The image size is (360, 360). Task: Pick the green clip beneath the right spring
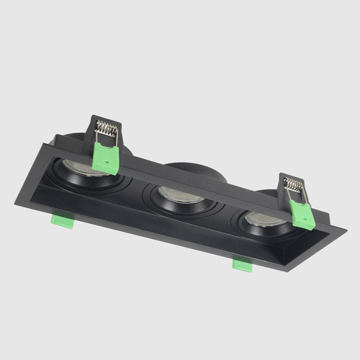pyautogui.click(x=302, y=215)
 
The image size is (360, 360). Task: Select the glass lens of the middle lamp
pyautogui.click(x=175, y=194)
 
